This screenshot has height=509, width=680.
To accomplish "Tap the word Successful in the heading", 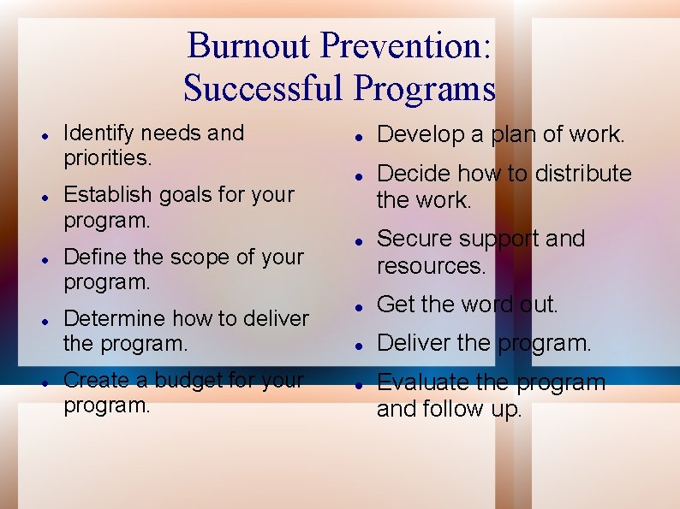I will [265, 87].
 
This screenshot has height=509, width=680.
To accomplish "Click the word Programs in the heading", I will [425, 87].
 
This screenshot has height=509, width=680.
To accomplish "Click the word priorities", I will [107, 158].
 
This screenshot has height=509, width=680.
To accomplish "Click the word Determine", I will [114, 318].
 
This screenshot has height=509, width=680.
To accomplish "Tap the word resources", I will [431, 266].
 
